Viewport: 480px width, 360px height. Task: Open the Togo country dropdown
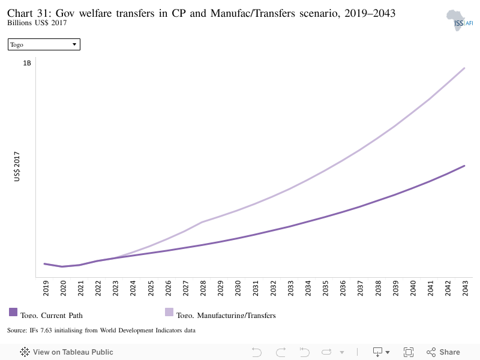tap(44, 44)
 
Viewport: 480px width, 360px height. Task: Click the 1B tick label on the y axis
tap(27, 63)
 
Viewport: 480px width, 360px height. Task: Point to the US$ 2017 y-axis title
tap(17, 167)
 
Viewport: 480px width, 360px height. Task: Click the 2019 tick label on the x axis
tap(46, 288)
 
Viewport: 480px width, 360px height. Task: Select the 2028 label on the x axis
tap(203, 288)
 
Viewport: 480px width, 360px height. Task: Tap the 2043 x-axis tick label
tap(466, 288)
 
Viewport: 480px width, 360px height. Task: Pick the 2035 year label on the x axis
tap(325, 288)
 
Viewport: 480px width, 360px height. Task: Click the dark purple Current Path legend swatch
tap(13, 312)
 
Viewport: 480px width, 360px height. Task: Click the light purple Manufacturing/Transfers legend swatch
tap(169, 312)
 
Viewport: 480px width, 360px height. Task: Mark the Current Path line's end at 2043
tap(464, 166)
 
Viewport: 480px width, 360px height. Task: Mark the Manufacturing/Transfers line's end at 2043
tap(464, 68)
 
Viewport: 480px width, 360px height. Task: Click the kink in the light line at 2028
tap(202, 222)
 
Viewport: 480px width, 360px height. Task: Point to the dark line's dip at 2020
tap(62, 266)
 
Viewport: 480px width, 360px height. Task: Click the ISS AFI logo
tap(460, 20)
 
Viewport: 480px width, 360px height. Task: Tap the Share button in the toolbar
tap(443, 352)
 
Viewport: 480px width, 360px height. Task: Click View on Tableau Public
tap(67, 352)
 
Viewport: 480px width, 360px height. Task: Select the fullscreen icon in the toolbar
tap(409, 352)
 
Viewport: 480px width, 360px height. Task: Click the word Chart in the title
tap(20, 13)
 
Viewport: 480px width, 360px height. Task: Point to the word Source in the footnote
tap(17, 331)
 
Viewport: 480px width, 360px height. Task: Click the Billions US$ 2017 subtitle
tap(37, 23)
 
